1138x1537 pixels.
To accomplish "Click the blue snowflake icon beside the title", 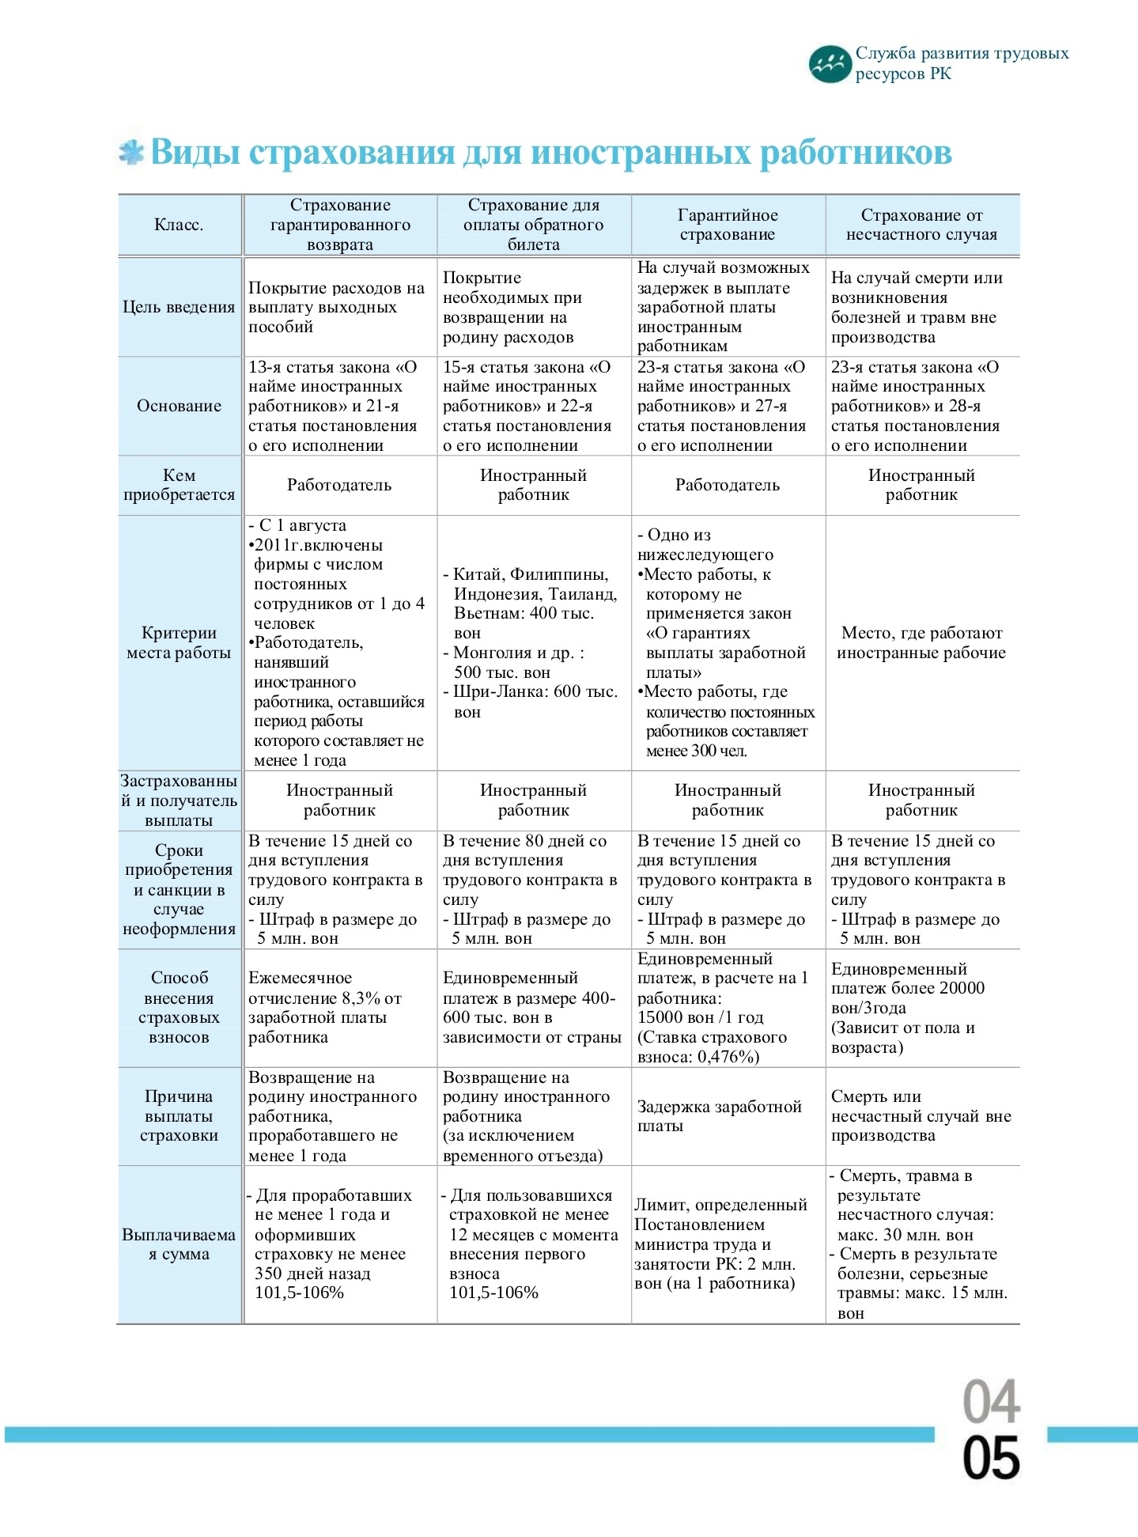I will coord(131,153).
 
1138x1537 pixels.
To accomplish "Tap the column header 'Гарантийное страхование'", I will coord(728,225).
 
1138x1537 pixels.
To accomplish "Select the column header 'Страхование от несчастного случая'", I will coord(921,225).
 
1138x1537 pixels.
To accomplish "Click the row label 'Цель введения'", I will coord(179,307).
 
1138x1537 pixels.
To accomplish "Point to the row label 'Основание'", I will coord(179,406).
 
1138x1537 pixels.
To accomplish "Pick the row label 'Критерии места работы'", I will coord(179,642).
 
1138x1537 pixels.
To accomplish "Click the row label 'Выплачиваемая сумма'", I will coord(179,1244).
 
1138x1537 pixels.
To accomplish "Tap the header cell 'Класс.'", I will coord(179,225).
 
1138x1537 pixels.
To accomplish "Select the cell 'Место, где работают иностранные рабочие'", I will coord(921,642).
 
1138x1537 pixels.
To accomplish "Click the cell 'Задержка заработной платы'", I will coord(720,1116).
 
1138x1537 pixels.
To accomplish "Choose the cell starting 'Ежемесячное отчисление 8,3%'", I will coord(326,1007).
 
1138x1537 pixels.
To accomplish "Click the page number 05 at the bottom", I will coord(992,1458).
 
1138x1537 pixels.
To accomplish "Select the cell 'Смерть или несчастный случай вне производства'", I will coord(921,1116).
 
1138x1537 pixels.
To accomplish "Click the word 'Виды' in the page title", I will coord(195,152).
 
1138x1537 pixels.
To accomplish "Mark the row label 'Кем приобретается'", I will coord(179,485).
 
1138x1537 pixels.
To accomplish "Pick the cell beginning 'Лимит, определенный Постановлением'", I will coord(721,1244).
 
